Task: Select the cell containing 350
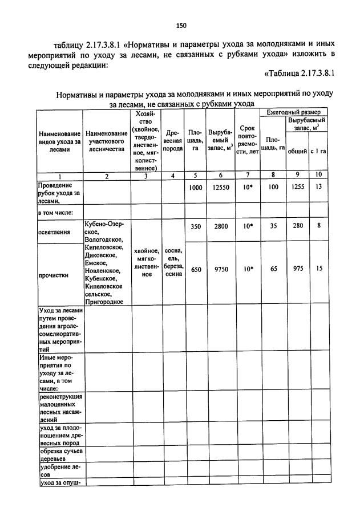tap(196, 226)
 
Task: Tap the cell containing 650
tap(196, 270)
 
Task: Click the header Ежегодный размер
tap(293, 112)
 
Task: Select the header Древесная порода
tap(173, 141)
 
